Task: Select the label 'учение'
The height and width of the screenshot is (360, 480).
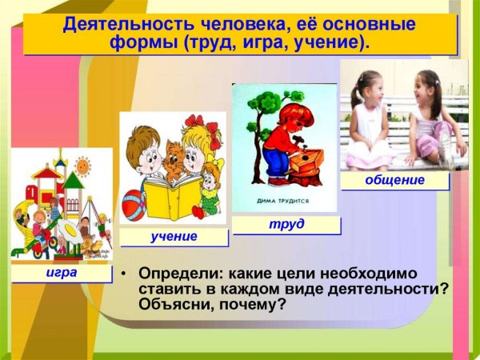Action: pos(173,237)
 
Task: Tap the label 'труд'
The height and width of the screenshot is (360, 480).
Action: pos(286,224)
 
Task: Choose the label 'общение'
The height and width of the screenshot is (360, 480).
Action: pos(394,181)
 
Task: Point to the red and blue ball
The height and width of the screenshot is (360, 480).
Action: pos(134,196)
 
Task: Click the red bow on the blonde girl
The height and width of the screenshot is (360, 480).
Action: pos(194,126)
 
